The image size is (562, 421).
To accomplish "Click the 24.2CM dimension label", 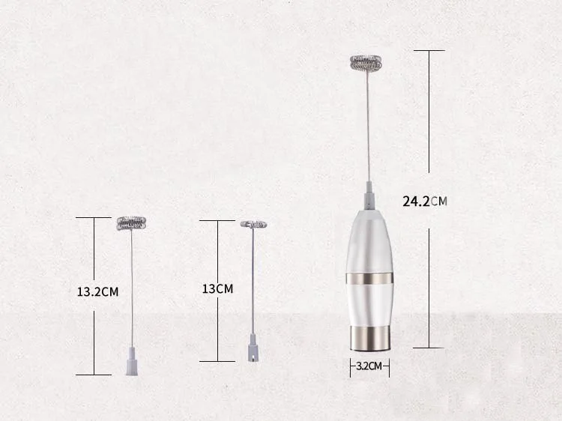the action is [425, 202].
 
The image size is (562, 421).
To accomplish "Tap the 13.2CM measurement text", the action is [97, 291].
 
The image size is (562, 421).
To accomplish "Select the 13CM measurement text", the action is [217, 289].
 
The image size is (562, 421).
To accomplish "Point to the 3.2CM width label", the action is [369, 366].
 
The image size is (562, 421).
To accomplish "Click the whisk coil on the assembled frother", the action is [366, 63].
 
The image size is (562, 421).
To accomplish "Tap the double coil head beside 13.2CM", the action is [131, 223].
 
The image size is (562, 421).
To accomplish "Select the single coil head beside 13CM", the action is [253, 224].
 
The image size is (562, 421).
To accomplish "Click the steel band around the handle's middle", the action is [369, 279].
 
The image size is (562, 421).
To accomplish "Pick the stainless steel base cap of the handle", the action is [369, 339].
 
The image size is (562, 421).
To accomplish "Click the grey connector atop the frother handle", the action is [369, 196].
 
